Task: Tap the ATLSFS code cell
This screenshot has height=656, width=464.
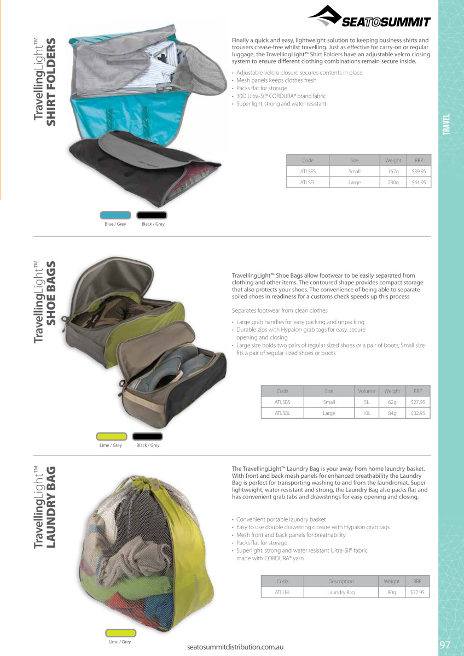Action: tap(308, 171)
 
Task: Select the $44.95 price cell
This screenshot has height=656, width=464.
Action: tap(419, 182)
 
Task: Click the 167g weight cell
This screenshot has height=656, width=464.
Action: tap(393, 171)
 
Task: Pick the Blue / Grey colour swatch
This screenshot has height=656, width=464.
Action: tap(115, 215)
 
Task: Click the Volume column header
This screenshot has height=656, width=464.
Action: tap(366, 391)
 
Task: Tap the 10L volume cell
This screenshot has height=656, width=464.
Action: tap(366, 413)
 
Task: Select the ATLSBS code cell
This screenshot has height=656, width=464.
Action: tap(282, 402)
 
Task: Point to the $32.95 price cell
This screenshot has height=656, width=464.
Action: tap(418, 413)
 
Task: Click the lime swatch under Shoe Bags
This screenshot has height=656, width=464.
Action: tap(112, 436)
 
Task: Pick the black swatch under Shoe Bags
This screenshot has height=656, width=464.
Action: tap(148, 436)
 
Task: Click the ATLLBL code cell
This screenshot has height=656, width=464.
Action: tap(282, 592)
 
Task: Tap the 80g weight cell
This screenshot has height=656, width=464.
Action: tap(392, 592)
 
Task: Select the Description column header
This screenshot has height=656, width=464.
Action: tap(341, 581)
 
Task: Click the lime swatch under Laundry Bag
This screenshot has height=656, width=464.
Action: tap(120, 632)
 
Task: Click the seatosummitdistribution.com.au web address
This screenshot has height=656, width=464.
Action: tap(235, 647)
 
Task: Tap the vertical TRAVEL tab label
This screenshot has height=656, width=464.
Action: tap(446, 125)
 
